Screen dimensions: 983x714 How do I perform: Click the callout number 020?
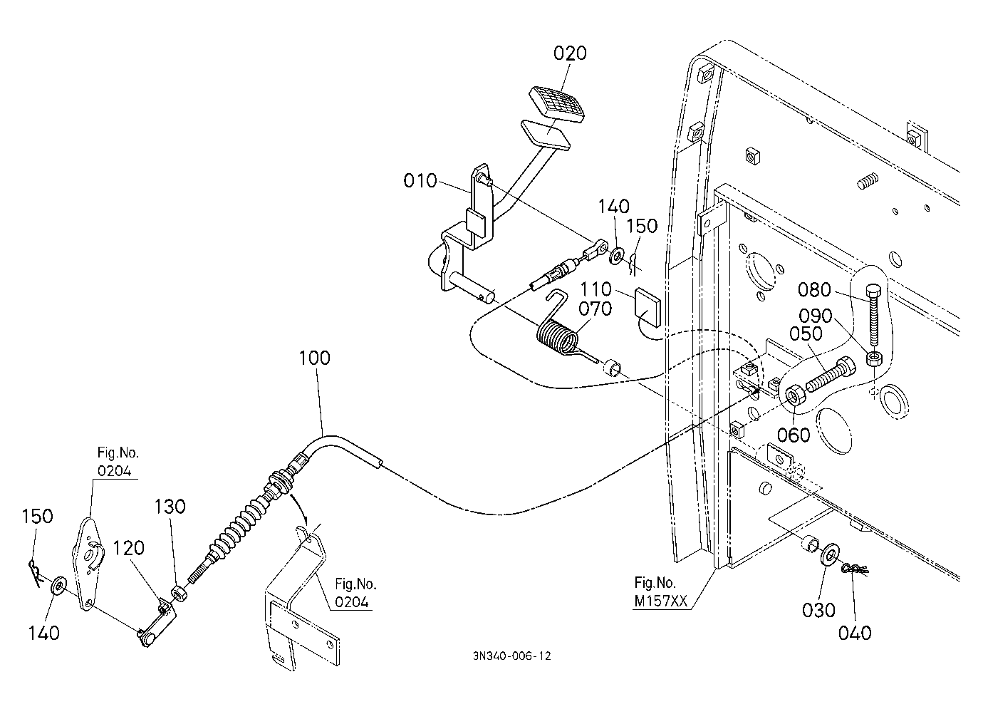pyautogui.click(x=570, y=53)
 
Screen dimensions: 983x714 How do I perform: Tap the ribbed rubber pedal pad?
pyautogui.click(x=557, y=105)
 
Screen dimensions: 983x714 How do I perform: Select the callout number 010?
pyautogui.click(x=420, y=180)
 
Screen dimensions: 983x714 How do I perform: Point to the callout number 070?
pyautogui.click(x=595, y=309)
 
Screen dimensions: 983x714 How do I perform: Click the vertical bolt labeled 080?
pyautogui.click(x=873, y=315)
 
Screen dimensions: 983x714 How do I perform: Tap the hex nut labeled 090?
pyautogui.click(x=874, y=358)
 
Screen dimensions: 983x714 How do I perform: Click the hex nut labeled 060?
pyautogui.click(x=794, y=398)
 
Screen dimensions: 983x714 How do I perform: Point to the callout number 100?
pyautogui.click(x=314, y=358)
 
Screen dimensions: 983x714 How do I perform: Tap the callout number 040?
pyautogui.click(x=854, y=633)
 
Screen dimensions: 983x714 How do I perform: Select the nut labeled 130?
pyautogui.click(x=179, y=594)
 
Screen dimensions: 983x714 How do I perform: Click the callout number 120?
pyautogui.click(x=129, y=548)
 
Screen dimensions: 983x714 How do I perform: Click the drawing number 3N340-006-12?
pyautogui.click(x=511, y=656)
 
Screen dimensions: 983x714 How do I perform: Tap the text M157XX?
pyautogui.click(x=660, y=601)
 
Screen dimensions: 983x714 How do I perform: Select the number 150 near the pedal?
pyautogui.click(x=642, y=226)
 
